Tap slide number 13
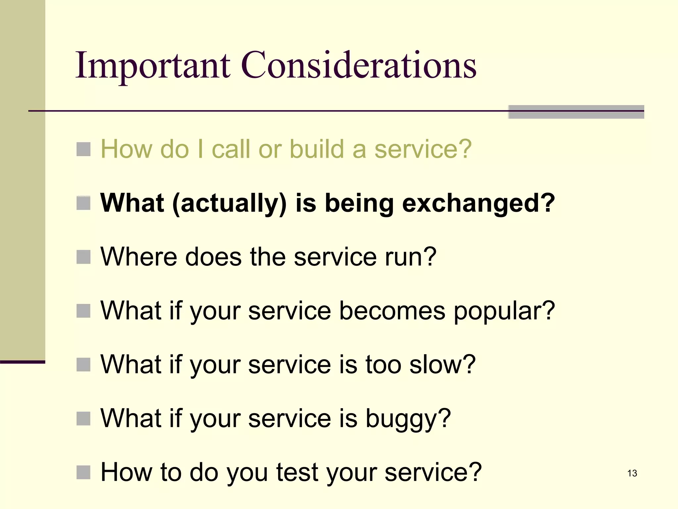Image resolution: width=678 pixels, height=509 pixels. [x=632, y=473]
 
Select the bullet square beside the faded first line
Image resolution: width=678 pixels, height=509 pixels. [x=83, y=149]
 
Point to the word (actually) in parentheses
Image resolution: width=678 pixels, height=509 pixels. [x=229, y=203]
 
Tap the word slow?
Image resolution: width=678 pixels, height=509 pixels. [x=442, y=365]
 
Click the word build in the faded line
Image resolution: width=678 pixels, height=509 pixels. [x=317, y=149]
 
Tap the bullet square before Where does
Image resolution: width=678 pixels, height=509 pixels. [x=83, y=257]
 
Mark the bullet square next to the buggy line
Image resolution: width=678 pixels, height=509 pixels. [x=83, y=419]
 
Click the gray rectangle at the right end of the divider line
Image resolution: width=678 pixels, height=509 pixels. [x=576, y=112]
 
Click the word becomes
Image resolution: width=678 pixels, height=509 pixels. [x=392, y=311]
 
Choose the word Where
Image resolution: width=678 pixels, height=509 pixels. [x=139, y=257]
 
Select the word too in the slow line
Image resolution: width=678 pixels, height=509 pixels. [x=384, y=365]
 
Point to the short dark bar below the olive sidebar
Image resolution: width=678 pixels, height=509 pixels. [x=23, y=362]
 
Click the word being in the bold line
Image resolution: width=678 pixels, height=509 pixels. [x=359, y=203]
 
